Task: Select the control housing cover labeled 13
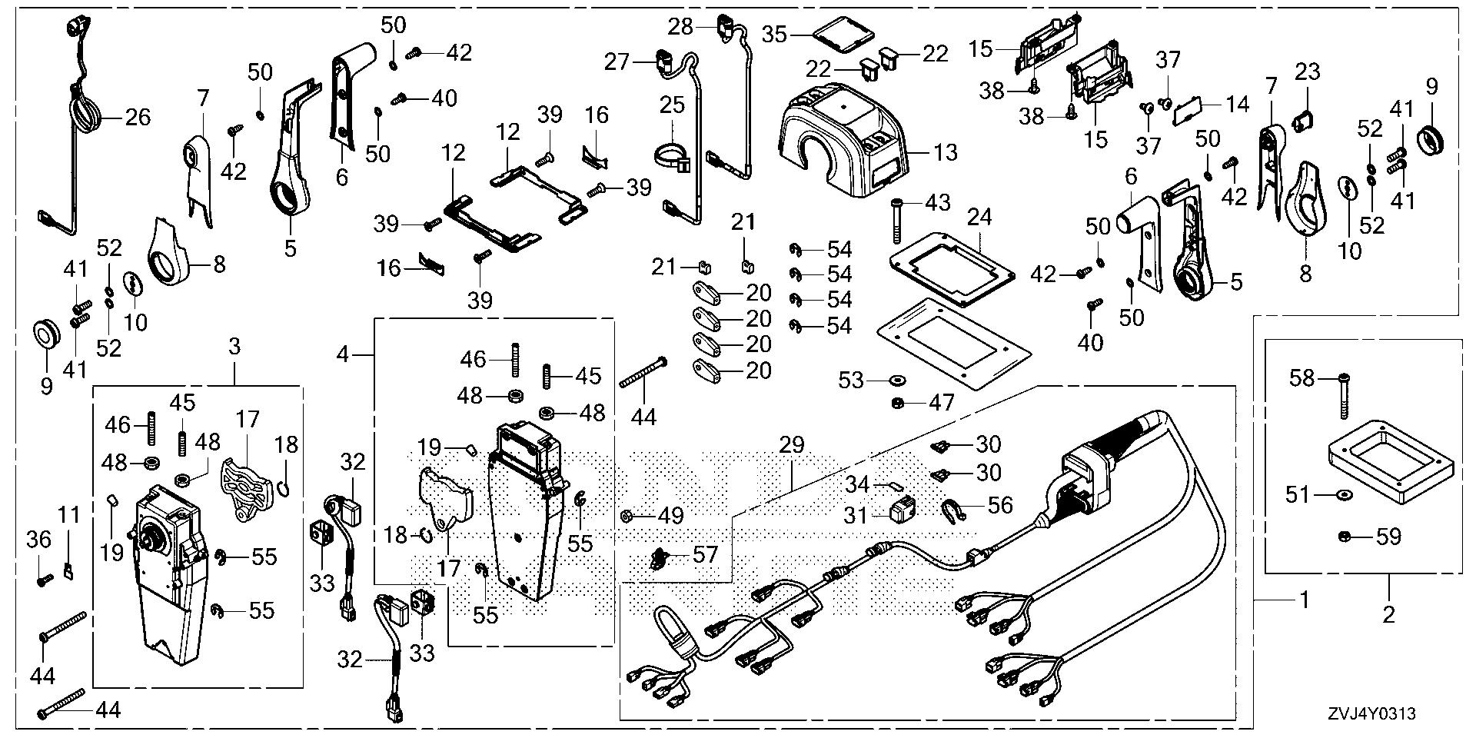pos(846,138)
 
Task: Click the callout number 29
pos(792,445)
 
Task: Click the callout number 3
pos(234,347)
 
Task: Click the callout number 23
pos(1308,72)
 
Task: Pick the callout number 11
pos(70,514)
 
